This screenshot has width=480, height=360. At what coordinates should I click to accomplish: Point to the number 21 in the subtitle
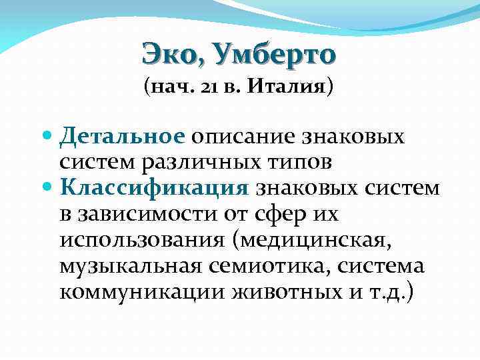(200, 87)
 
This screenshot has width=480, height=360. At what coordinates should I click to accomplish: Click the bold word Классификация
(153, 187)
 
